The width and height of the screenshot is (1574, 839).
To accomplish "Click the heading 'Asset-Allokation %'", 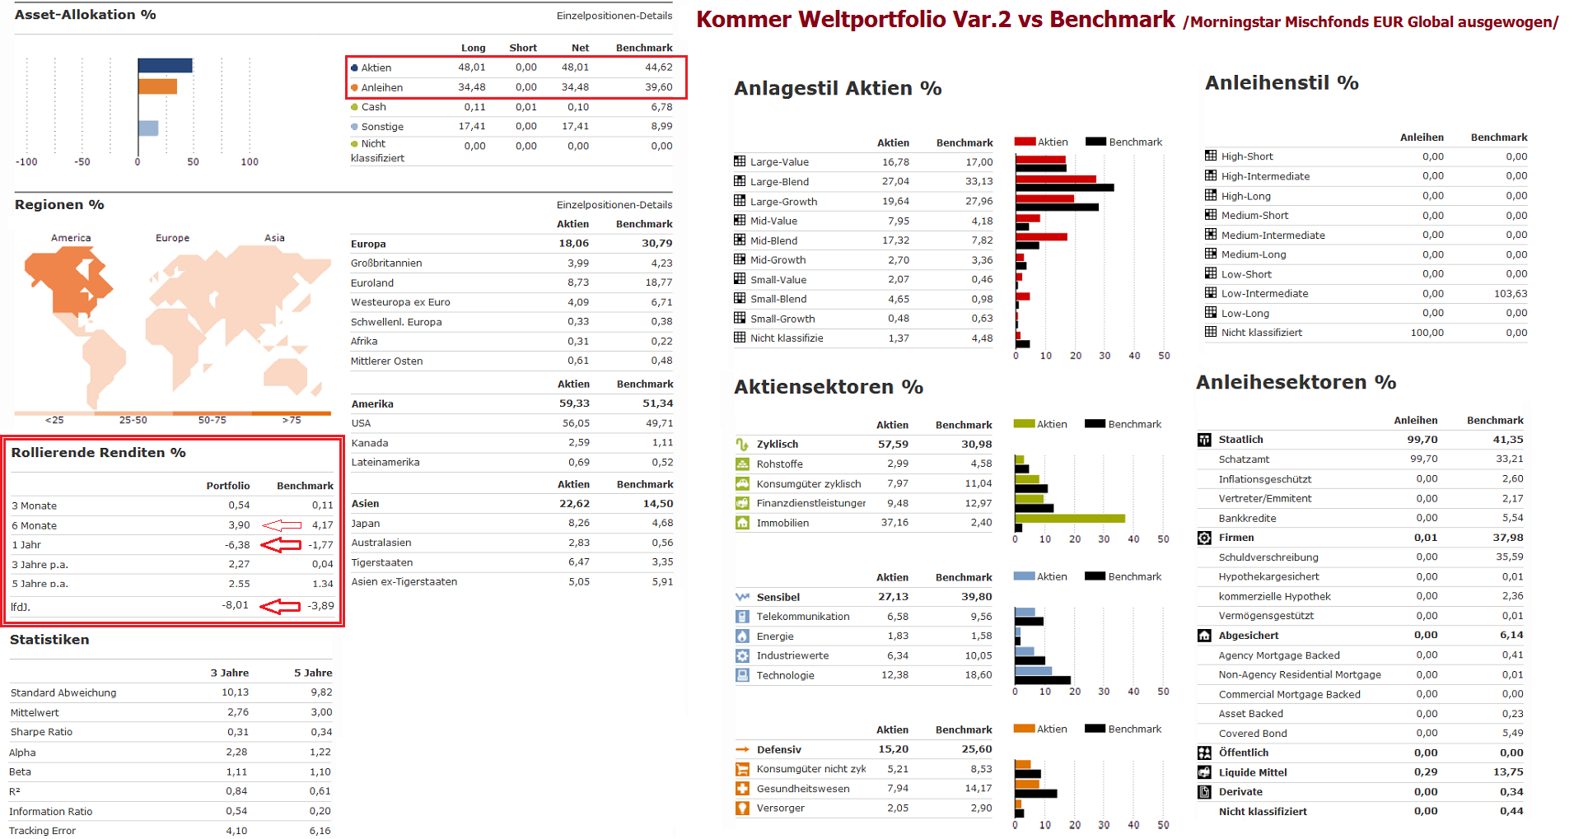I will (85, 15).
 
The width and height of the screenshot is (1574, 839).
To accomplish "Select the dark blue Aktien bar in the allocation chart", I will (165, 66).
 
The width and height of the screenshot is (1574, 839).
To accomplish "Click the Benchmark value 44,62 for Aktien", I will (658, 68).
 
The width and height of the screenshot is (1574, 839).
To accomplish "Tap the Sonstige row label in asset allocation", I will (382, 127).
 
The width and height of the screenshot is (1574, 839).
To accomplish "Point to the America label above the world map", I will (71, 238).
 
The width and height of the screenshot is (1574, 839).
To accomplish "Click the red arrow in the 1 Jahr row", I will (281, 545).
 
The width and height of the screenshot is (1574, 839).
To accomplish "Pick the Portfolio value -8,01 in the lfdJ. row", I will (235, 605).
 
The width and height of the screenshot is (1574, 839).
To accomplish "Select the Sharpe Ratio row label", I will (41, 732).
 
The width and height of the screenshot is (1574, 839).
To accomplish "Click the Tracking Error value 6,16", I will (320, 831).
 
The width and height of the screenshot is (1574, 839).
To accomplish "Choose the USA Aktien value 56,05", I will (576, 423).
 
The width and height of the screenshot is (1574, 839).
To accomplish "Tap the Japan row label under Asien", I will (366, 524).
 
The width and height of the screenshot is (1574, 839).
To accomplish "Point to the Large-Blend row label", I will (779, 182).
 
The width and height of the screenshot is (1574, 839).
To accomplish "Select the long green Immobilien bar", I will (1070, 519).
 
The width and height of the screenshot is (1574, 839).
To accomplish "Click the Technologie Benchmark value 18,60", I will (978, 675).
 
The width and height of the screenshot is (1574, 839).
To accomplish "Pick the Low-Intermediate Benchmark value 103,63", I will (1510, 294).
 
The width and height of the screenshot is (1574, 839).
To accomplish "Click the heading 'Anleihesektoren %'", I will (1296, 383).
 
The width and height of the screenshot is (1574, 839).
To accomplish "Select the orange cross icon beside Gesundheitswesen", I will (742, 789).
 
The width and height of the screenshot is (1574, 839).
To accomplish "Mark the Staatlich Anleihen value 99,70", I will (1422, 440).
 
